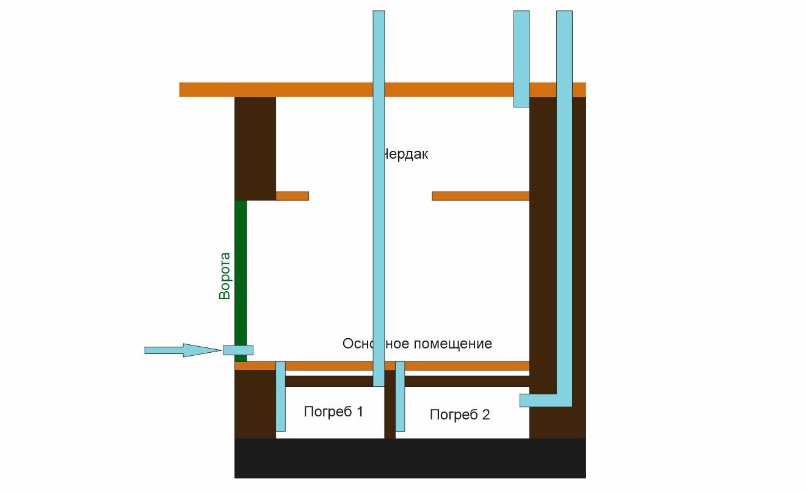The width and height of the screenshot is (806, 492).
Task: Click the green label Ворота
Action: (x=225, y=275)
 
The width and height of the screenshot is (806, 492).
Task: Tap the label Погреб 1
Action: (x=333, y=411)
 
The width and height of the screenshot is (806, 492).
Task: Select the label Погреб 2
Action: (x=460, y=415)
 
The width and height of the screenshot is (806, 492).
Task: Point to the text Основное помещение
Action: (x=417, y=344)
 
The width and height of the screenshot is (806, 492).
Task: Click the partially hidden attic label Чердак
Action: (x=405, y=154)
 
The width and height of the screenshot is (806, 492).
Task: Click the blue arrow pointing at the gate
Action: (x=182, y=350)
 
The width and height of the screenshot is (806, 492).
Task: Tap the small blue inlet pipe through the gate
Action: (x=238, y=350)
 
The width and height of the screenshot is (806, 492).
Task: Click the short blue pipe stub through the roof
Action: (x=521, y=58)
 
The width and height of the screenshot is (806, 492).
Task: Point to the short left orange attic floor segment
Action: (x=292, y=196)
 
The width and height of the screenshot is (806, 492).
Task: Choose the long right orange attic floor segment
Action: (x=481, y=196)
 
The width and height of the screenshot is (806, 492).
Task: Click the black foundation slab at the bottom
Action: (x=410, y=458)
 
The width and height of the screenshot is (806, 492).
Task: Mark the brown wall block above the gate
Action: (x=255, y=148)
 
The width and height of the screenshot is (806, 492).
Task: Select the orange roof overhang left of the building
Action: (x=206, y=90)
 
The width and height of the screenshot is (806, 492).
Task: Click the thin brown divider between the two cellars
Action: (x=390, y=415)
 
